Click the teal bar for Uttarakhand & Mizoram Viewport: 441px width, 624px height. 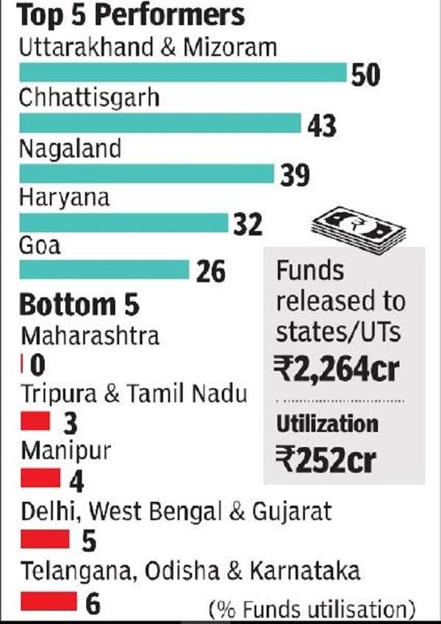coord(182,73)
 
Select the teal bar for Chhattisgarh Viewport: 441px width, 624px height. coord(160,123)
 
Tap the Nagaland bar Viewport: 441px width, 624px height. coord(147,173)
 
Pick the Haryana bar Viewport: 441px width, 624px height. coord(123,223)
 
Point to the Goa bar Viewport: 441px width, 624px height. coord(104,270)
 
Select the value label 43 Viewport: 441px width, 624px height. coord(322,126)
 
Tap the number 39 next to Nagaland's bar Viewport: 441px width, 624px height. coord(295,176)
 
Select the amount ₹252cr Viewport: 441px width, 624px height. coord(326,460)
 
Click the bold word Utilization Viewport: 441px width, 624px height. coord(327,423)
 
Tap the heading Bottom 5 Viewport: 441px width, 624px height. coord(79,304)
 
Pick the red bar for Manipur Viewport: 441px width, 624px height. coord(40,479)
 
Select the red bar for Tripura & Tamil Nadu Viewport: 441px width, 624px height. coord(35,421)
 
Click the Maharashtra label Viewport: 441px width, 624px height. coord(90,336)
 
